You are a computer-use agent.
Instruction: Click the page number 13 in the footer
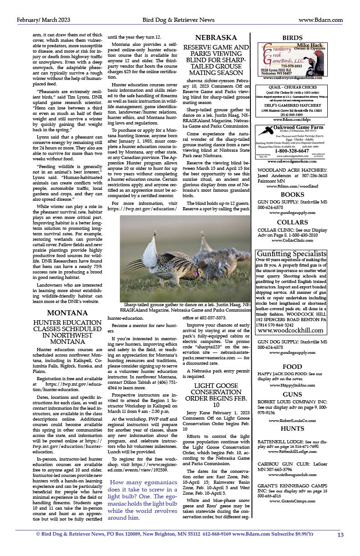click(340, 535)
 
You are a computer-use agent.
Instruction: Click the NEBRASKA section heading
click(216, 38)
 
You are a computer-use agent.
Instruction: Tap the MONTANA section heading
click(67, 313)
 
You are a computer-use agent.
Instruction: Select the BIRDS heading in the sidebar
click(293, 38)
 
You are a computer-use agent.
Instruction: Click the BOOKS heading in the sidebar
click(292, 194)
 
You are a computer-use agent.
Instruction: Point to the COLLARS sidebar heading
click(292, 222)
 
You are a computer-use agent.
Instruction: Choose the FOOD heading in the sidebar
click(292, 367)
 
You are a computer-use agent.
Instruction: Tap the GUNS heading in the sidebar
click(292, 394)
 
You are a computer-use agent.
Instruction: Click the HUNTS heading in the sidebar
click(292, 428)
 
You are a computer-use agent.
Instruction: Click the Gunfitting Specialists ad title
click(293, 253)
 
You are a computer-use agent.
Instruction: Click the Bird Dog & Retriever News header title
click(178, 20)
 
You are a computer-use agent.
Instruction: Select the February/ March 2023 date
click(44, 20)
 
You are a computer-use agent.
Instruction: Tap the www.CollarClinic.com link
click(292, 240)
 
